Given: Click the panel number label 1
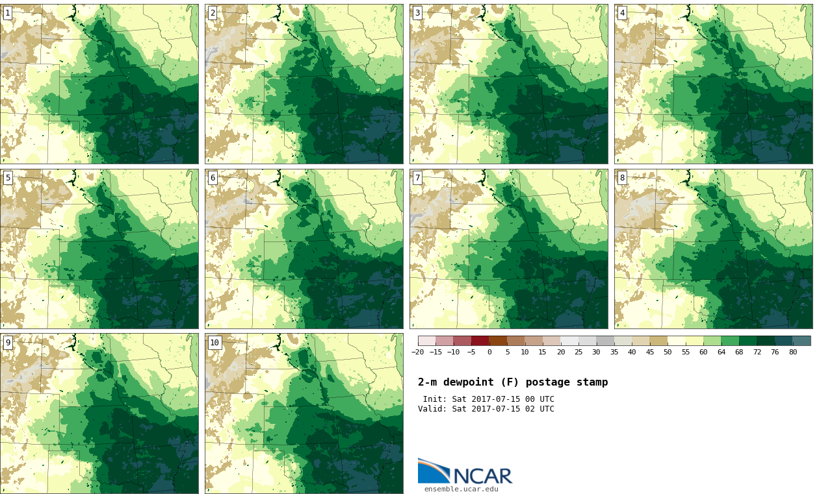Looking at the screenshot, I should pyautogui.click(x=7, y=13).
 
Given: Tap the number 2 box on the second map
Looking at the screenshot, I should pyautogui.click(x=213, y=13).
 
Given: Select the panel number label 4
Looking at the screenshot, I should pyautogui.click(x=622, y=13).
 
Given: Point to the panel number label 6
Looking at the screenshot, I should pyautogui.click(x=213, y=178).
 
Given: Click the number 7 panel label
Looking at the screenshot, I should pyautogui.click(x=417, y=178).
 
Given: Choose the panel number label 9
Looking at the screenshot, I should pyautogui.click(x=8, y=343).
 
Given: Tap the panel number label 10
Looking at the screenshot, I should pyautogui.click(x=214, y=343).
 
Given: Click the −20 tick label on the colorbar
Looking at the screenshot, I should pyautogui.click(x=417, y=352).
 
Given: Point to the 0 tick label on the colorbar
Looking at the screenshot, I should pyautogui.click(x=489, y=352).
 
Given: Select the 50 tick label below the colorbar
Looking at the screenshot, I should pyautogui.click(x=668, y=352).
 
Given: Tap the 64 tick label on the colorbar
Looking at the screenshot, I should pyautogui.click(x=721, y=352).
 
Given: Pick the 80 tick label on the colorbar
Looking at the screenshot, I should pyautogui.click(x=792, y=352).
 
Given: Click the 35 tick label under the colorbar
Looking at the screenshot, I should pyautogui.click(x=614, y=352).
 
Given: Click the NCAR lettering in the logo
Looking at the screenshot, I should pyautogui.click(x=482, y=476).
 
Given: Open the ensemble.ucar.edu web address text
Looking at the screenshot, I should pyautogui.click(x=461, y=489).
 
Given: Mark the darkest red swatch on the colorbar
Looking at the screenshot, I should pyautogui.click(x=480, y=340).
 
